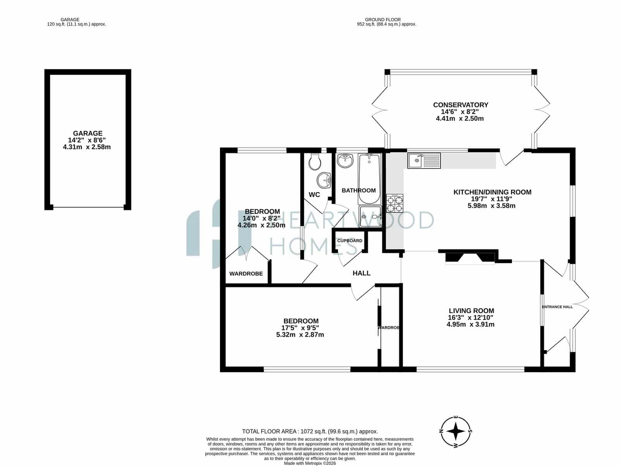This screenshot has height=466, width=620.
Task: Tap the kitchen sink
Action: coord(424,161)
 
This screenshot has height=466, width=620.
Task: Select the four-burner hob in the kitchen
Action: coord(394,203)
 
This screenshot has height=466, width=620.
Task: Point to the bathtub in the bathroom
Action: coord(369,179)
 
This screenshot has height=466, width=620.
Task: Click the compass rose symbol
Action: coord(456,431)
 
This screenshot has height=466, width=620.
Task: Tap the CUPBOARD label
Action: coord(350,241)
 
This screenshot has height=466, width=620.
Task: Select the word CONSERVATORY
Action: coord(460,105)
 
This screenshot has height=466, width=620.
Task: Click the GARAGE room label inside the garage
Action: coord(88,133)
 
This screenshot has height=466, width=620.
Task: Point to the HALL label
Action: coord(361,273)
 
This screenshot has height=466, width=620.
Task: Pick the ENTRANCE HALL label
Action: coord(557,307)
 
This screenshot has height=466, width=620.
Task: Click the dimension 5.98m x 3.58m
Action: coord(491,206)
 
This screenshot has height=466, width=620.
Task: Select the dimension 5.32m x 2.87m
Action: coord(300,335)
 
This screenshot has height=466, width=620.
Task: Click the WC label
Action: coord(314,194)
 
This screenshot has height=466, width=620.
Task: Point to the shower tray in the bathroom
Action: coord(370,217)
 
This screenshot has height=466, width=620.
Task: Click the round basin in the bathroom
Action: coord(345,161)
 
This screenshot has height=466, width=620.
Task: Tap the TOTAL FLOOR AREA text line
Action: coord(310,432)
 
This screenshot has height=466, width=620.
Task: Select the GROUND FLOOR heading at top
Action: coord(383,20)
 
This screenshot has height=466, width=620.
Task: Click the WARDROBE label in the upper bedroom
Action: coord(246,273)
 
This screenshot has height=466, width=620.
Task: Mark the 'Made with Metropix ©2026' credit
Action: coord(310,463)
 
